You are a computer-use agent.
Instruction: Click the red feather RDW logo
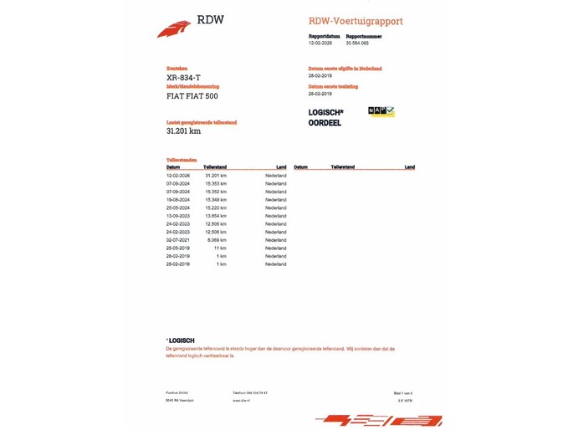[174, 28]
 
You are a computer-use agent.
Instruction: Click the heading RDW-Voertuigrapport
[356, 20]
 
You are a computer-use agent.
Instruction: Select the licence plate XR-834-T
[183, 78]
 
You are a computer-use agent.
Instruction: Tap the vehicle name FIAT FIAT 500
[192, 96]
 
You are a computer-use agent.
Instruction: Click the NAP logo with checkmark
[381, 110]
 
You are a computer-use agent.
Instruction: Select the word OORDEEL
[325, 123]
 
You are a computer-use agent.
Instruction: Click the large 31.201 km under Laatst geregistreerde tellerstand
[183, 131]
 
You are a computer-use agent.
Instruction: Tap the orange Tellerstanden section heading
[182, 159]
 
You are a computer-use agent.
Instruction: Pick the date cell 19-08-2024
[178, 200]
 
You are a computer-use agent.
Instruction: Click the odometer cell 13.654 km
[215, 216]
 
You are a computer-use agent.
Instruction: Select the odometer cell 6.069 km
[217, 240]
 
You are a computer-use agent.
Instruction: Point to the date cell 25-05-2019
[178, 248]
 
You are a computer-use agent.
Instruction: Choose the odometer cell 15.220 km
[215, 207]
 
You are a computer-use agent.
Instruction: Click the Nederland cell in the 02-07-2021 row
[275, 240]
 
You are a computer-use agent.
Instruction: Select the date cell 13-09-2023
[178, 216]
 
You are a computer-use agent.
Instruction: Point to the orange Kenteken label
[177, 69]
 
